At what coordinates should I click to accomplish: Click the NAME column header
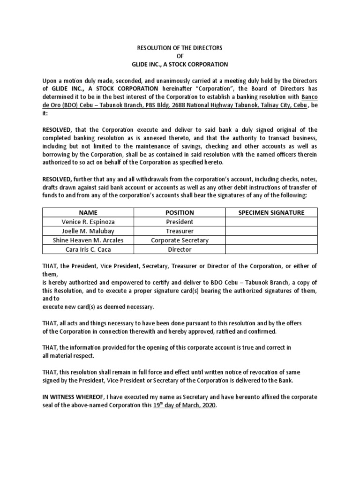click(x=88, y=212)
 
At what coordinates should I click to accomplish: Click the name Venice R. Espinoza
click(x=88, y=222)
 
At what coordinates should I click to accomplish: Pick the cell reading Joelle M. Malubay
click(x=88, y=231)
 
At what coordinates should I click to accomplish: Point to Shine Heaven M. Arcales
click(x=88, y=240)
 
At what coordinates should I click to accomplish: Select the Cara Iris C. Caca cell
click(x=88, y=250)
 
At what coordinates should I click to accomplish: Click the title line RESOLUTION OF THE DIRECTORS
click(x=180, y=48)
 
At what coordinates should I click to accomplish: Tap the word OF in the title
click(x=180, y=56)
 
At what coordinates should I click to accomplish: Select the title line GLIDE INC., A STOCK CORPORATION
click(x=180, y=64)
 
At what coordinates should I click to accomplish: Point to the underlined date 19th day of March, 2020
click(x=185, y=405)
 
